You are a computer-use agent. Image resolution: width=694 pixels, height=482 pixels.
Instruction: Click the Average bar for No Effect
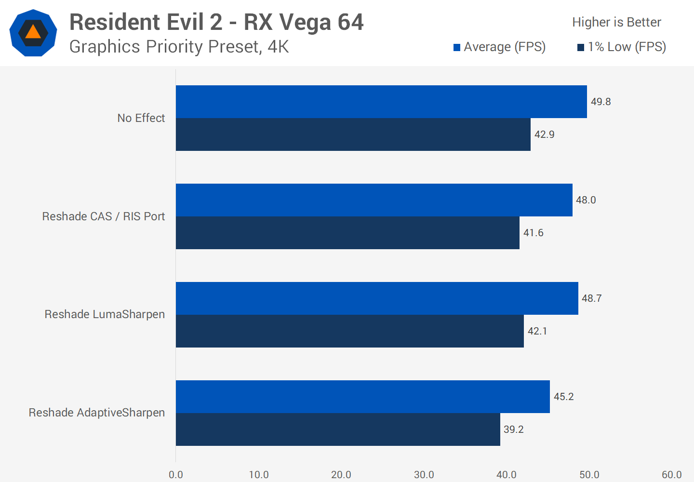(x=381, y=102)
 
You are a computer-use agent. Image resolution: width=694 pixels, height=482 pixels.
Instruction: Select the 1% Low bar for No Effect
(x=353, y=134)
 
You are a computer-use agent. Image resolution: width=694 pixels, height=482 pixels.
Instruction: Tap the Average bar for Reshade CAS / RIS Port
(x=374, y=200)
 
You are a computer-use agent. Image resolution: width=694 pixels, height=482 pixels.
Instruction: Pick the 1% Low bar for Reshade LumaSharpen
(x=349, y=331)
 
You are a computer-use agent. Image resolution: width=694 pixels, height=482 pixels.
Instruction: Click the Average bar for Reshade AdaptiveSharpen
(x=362, y=397)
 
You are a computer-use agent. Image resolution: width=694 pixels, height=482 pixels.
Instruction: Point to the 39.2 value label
(x=513, y=429)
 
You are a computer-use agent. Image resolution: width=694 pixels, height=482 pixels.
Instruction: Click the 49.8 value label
(x=601, y=102)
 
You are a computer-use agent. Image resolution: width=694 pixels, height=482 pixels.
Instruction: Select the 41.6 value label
(x=533, y=233)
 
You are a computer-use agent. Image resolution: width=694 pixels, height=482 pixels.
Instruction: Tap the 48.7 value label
(x=591, y=298)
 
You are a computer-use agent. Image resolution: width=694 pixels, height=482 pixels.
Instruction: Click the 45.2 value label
(x=563, y=397)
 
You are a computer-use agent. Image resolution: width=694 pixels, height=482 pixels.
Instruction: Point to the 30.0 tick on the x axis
(x=424, y=475)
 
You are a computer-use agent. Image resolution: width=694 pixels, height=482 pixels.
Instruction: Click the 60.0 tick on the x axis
(x=671, y=475)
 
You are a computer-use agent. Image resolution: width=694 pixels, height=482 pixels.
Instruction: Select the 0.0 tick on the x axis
(x=176, y=475)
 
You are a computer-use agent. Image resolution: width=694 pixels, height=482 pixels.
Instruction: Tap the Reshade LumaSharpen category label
(x=105, y=314)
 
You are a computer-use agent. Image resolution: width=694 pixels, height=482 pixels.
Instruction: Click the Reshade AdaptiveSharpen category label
(x=96, y=413)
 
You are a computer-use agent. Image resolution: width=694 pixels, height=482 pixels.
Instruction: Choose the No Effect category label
(x=141, y=118)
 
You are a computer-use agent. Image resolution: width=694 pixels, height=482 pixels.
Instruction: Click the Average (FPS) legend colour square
(x=457, y=47)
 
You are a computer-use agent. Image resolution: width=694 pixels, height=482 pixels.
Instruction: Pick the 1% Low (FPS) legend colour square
(x=581, y=47)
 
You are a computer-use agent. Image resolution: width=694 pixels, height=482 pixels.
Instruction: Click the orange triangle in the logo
(x=33, y=32)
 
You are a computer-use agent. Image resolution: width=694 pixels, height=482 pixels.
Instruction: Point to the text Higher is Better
(x=616, y=22)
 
